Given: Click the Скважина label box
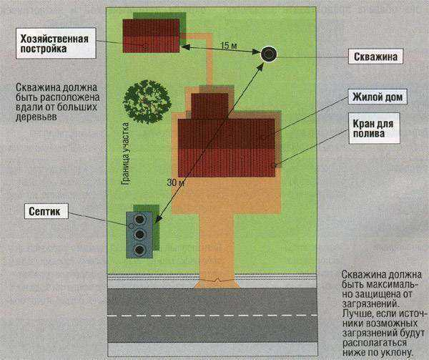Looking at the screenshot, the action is point(375,57).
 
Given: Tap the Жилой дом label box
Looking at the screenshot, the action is point(378,97).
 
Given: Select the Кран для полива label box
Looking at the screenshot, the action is point(374,128).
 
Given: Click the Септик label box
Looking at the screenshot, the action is point(46,211).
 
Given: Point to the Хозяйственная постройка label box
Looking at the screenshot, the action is point(56,43).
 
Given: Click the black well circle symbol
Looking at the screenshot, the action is point(268,54).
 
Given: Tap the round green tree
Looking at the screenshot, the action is point(147,102).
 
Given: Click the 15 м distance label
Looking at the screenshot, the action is point(229,45).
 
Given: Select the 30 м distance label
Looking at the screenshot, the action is point(175,183).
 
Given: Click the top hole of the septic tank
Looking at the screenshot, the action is point(140,219).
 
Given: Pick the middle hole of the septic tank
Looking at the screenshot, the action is point(140,234).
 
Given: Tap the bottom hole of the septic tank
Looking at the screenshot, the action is point(140,249).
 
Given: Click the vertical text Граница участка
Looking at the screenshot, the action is point(125,154).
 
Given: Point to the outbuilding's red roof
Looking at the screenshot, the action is point(151,36).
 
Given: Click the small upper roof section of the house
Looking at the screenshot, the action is point(209,106).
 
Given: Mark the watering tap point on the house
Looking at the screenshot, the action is point(275,165).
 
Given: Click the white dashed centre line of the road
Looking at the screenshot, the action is point(212,316).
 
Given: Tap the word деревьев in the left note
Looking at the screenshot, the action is point(36,117).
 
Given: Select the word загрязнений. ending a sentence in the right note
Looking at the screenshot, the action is point(370,303).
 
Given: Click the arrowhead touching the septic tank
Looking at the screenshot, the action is point(158,218).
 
